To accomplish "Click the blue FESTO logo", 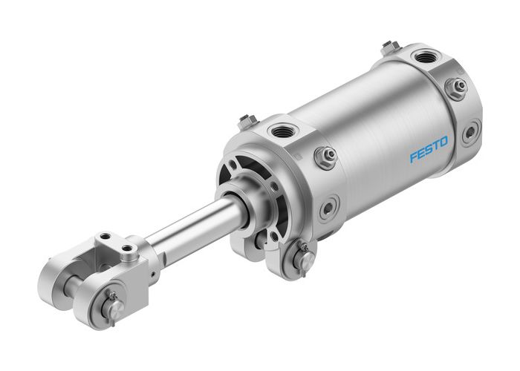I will tap(429, 150).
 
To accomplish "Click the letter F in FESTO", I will tap(413, 157).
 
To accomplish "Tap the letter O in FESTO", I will tap(444, 142).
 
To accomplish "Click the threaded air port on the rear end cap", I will tap(426, 56).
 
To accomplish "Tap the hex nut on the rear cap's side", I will tap(456, 88).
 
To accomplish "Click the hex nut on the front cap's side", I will tap(325, 157).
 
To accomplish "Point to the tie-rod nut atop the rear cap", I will tap(390, 47).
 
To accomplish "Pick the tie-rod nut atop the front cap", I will tap(247, 121).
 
